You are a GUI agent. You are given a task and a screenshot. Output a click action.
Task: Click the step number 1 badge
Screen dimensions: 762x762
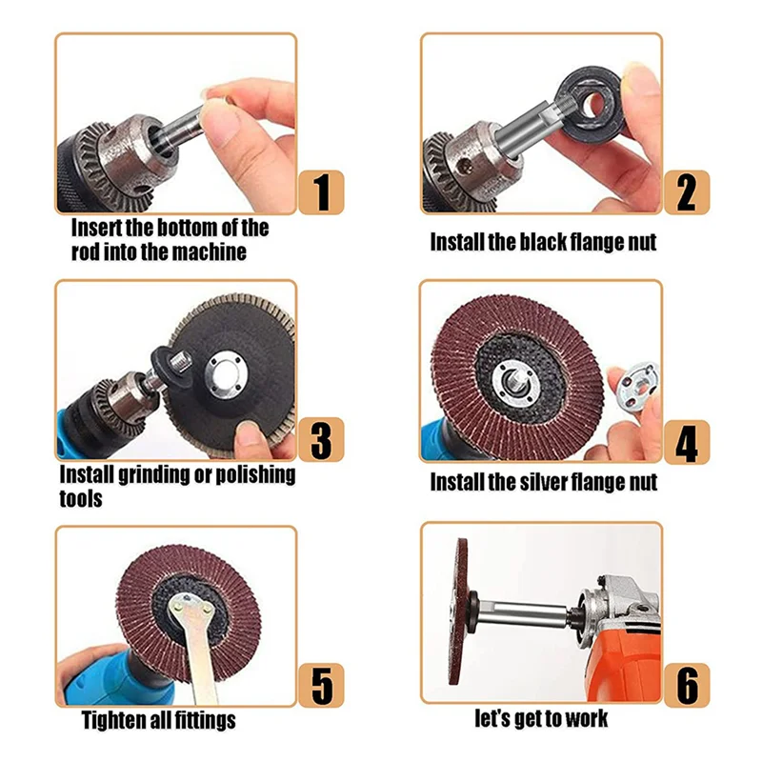(x=321, y=192)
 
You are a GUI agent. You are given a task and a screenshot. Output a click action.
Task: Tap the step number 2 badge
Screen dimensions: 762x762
(x=687, y=192)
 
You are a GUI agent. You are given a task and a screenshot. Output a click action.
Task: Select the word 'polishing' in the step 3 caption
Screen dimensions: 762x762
(x=251, y=474)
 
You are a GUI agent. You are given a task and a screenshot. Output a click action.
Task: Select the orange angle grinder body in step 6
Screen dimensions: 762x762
(x=624, y=657)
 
